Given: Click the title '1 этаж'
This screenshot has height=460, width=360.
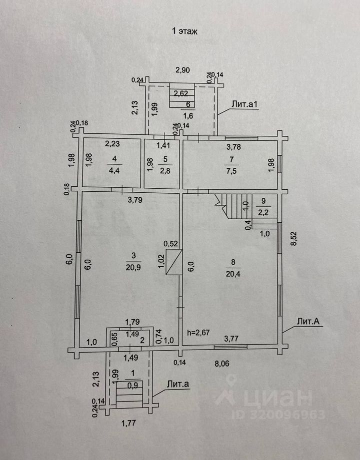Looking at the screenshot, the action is point(185,31).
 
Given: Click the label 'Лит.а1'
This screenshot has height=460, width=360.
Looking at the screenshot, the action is point(244,104).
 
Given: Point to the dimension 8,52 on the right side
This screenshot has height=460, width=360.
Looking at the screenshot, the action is point(295,239).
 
